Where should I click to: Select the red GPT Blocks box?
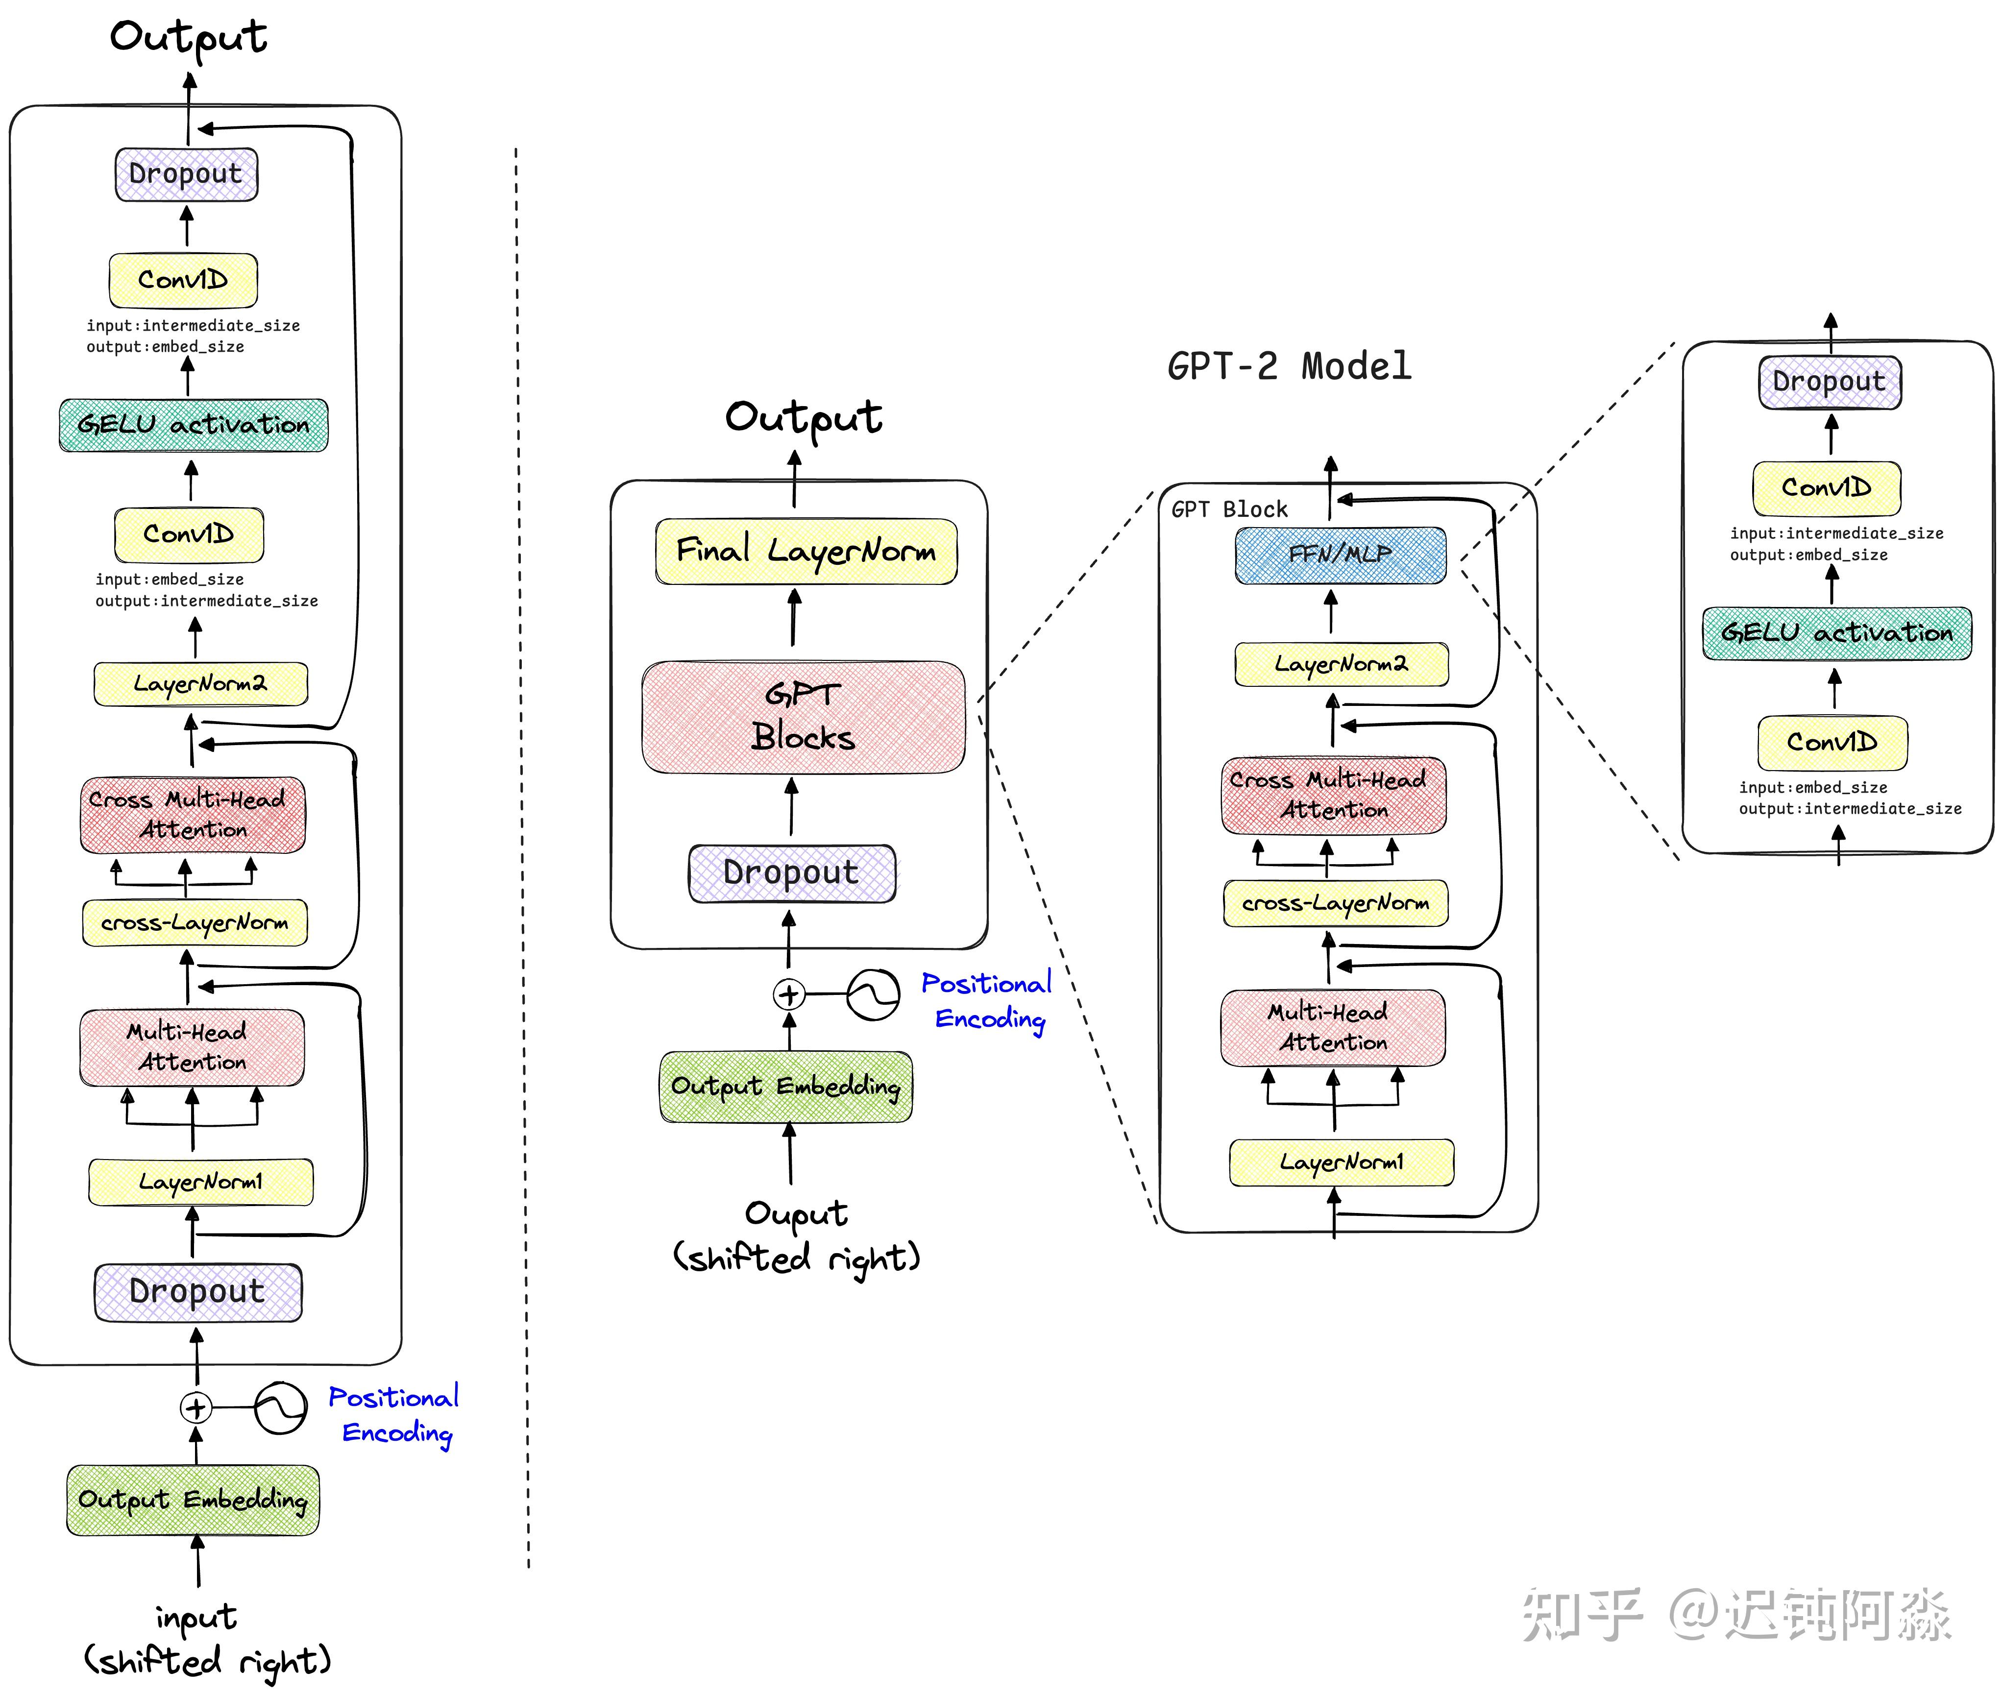point(804,717)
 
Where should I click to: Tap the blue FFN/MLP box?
point(1340,555)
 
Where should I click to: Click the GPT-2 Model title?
point(1289,366)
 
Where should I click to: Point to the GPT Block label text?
point(1229,509)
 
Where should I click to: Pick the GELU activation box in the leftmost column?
point(193,425)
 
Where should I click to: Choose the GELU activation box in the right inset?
point(1837,633)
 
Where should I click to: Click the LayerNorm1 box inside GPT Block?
point(1342,1162)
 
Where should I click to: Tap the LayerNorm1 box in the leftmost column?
point(201,1182)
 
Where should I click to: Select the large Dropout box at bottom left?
point(198,1291)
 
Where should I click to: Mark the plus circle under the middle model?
point(789,994)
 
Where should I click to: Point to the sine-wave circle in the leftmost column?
point(281,1408)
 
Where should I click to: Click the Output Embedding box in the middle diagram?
point(786,1086)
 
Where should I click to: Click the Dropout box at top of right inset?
point(1830,382)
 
